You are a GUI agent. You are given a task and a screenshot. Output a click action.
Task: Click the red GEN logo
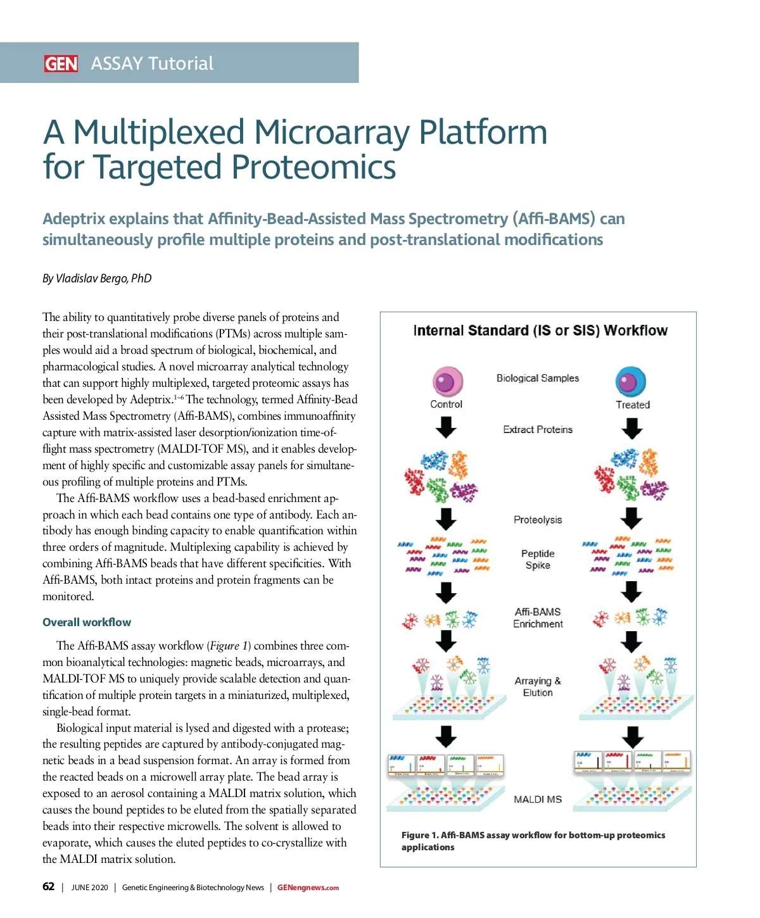61,63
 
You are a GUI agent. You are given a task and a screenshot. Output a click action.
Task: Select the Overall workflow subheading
87,622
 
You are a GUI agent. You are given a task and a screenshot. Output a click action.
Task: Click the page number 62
49,886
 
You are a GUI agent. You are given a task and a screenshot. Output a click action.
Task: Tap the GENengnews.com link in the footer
308,888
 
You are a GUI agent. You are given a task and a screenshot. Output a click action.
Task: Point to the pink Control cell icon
447,382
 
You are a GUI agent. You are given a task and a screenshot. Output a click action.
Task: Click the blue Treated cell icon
630,382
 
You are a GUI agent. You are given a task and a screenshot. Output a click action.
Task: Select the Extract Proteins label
538,429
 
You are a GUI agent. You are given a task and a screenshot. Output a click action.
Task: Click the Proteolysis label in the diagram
538,520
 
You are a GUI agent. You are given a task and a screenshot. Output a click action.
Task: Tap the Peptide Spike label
538,559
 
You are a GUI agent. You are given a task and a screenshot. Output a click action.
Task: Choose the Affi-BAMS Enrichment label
538,618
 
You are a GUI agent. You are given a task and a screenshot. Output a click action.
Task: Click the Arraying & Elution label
538,687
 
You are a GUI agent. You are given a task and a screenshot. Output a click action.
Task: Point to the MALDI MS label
538,800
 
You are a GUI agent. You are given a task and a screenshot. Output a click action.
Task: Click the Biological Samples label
538,378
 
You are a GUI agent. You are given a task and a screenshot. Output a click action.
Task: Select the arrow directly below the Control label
446,428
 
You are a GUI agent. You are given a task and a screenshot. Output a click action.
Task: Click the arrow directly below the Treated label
632,429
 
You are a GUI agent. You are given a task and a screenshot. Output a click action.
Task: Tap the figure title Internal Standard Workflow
540,330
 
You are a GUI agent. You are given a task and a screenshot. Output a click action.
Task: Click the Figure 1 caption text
533,841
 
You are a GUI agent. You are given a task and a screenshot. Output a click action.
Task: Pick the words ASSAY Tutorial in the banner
152,63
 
